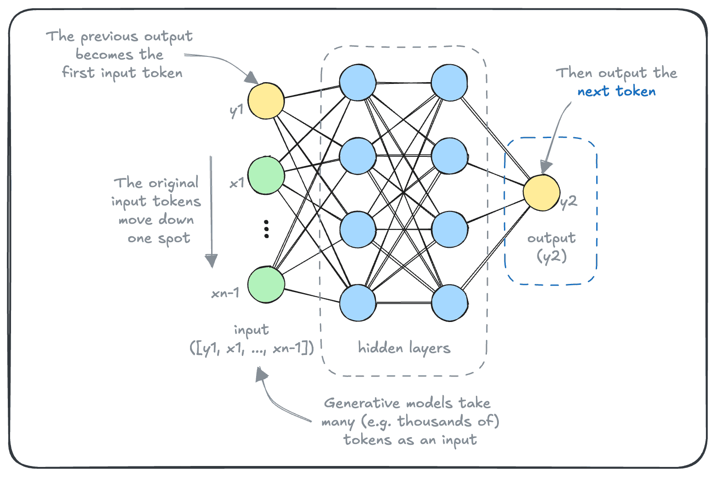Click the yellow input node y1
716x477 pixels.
(266, 101)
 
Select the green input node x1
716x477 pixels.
(266, 175)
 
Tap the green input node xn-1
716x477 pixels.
(266, 284)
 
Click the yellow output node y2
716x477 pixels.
(542, 193)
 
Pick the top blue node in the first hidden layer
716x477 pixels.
(358, 83)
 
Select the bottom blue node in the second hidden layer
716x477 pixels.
(449, 303)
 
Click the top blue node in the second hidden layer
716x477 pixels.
(449, 83)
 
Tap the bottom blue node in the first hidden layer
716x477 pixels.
(358, 303)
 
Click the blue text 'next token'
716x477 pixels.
(616, 91)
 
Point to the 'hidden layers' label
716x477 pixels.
(404, 348)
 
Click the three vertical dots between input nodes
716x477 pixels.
(266, 229)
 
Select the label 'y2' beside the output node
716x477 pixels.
(569, 202)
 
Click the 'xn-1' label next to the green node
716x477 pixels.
(225, 293)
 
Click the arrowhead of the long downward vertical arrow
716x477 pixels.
(211, 261)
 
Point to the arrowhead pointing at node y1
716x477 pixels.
(252, 78)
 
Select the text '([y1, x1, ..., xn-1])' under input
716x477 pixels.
(252, 349)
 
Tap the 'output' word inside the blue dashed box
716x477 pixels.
(551, 238)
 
